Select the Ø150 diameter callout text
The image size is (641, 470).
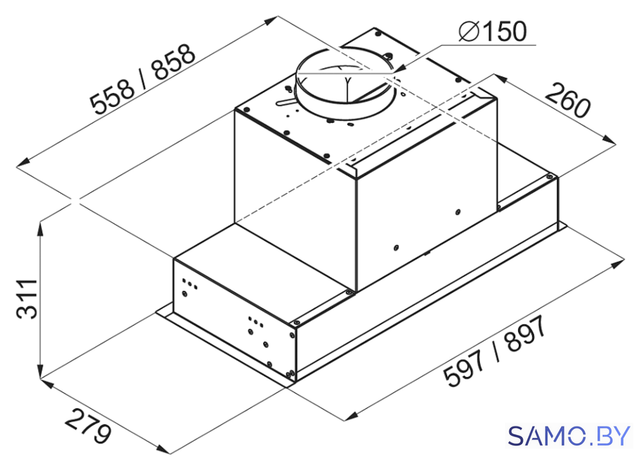492,31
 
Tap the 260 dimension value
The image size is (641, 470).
569,100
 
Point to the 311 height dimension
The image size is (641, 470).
27,298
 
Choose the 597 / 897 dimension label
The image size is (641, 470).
495,352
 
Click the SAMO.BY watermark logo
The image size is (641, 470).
569,436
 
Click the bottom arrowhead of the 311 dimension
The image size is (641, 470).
40,371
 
